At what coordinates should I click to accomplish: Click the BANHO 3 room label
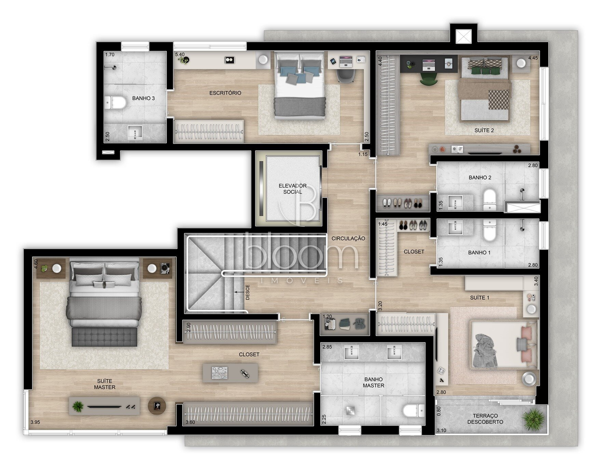(x=143, y=98)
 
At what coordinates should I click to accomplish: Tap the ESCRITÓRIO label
(x=225, y=93)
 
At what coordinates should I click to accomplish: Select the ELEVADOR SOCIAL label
(x=293, y=189)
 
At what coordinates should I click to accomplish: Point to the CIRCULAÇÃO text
(x=348, y=238)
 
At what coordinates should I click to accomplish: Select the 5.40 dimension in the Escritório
(x=180, y=54)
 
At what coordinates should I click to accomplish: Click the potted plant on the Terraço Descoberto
(x=534, y=419)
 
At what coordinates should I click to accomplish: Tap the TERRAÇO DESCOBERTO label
(x=485, y=419)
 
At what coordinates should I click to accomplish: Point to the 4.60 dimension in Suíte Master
(x=36, y=264)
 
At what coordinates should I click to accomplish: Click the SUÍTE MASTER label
(x=105, y=384)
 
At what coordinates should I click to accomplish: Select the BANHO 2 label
(x=480, y=178)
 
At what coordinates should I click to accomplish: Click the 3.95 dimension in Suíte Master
(x=35, y=422)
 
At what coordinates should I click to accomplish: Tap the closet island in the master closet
(x=230, y=373)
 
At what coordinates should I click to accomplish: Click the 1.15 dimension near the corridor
(x=363, y=154)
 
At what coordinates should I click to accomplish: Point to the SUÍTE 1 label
(x=480, y=298)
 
